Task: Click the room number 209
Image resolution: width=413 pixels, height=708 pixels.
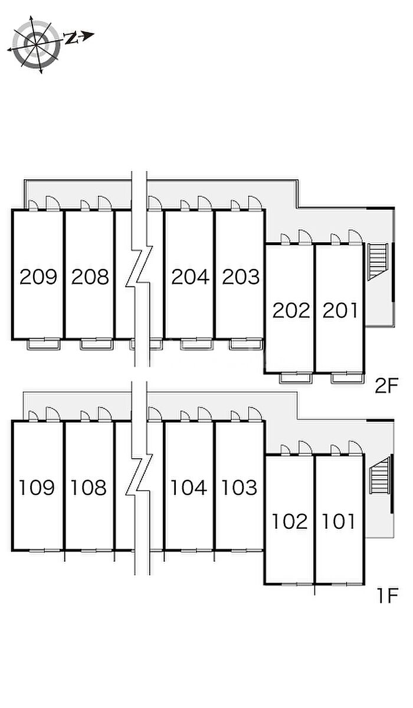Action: coord(38,276)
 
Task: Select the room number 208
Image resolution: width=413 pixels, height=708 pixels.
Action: coord(90,276)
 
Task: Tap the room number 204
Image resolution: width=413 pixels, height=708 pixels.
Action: coord(191,276)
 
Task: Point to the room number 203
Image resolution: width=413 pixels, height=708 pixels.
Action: coord(241,276)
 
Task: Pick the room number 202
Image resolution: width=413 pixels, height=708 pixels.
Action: coord(291,311)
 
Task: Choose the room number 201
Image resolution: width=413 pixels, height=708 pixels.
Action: coord(340,311)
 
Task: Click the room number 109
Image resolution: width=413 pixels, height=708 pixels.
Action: coord(37,487)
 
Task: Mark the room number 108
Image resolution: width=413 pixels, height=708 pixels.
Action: coord(88,487)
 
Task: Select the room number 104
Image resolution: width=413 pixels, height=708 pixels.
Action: coord(189,487)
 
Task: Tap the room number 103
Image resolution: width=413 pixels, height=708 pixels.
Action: coord(240,487)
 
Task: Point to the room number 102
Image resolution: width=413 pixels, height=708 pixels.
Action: coord(290,521)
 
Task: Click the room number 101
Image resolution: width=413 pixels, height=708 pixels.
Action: coord(339,521)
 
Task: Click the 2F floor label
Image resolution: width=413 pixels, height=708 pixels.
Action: coord(386,386)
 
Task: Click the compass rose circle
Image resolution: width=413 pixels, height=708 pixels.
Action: coord(35,44)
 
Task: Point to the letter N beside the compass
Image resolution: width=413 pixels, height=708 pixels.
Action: coord(71,38)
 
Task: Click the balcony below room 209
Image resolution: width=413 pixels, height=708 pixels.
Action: coord(44,344)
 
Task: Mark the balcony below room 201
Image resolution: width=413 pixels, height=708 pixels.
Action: coord(347,378)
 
